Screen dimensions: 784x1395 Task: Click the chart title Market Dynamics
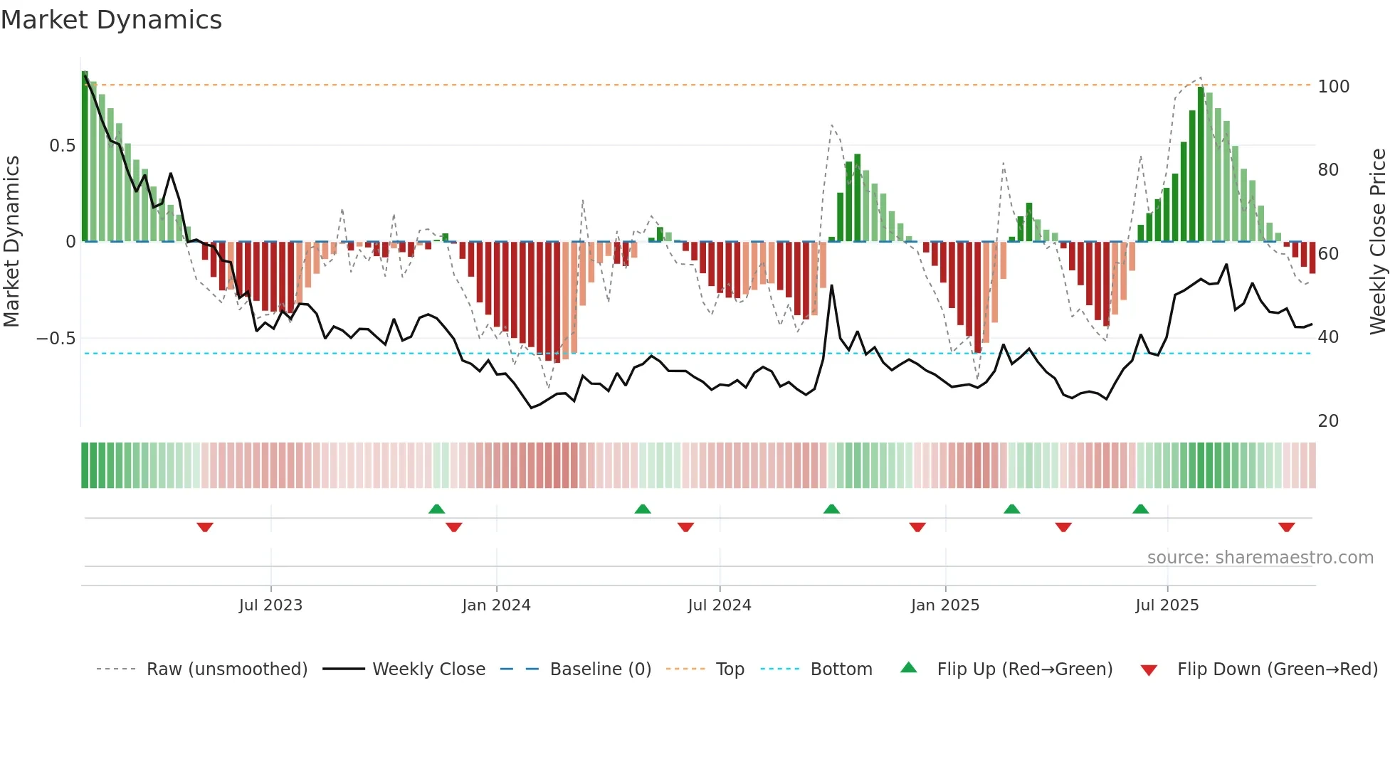point(111,20)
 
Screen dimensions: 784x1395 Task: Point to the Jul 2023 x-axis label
point(270,605)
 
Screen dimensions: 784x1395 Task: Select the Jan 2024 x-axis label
point(496,605)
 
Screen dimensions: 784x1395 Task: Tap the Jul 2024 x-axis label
point(719,605)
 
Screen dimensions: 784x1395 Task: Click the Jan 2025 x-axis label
point(944,605)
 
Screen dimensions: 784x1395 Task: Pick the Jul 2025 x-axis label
point(1167,605)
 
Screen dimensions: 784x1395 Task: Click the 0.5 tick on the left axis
point(62,146)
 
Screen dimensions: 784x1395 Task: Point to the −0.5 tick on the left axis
point(56,339)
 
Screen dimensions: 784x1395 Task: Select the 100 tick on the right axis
point(1333,87)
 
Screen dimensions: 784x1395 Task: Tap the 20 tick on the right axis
point(1328,421)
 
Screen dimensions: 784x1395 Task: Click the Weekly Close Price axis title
point(1378,242)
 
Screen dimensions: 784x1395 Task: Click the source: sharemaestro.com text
point(1260,558)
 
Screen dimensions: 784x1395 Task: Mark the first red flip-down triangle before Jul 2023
point(205,527)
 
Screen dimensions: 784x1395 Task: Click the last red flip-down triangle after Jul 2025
point(1286,527)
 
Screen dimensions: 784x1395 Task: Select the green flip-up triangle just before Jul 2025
point(1140,509)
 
